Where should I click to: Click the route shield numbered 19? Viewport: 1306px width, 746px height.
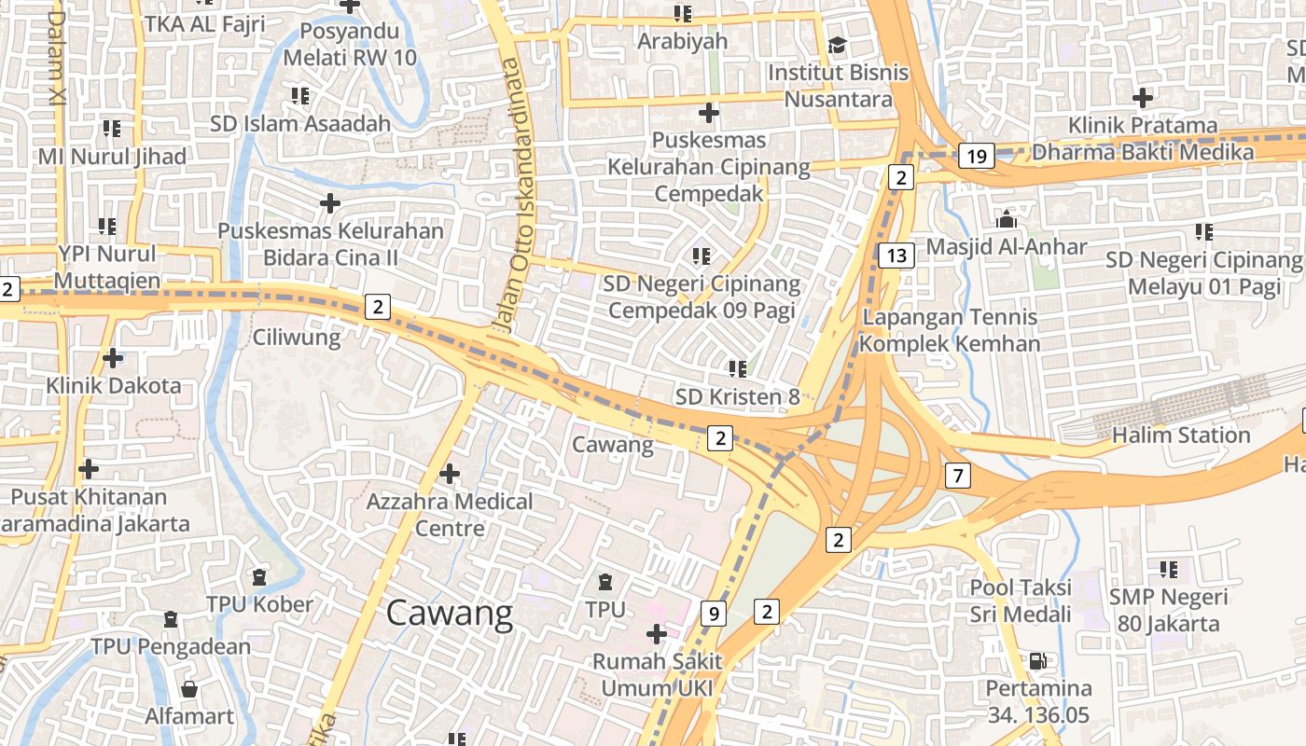point(976,156)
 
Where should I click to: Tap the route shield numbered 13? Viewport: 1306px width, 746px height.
point(896,256)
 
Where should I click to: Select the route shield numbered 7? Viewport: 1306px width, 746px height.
point(957,476)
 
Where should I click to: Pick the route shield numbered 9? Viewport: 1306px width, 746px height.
point(714,613)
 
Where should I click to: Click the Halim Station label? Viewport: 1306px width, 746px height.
point(1181,435)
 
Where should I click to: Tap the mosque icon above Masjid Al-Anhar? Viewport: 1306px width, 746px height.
point(1007,220)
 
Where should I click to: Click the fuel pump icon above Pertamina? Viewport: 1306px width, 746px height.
point(1037,661)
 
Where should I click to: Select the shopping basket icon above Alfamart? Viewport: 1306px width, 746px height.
point(189,689)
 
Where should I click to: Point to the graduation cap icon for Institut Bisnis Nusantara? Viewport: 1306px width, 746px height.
point(837,46)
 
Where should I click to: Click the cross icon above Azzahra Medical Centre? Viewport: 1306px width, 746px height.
point(450,474)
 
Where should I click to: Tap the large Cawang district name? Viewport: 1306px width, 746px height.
point(450,614)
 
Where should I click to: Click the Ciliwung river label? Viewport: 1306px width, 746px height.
point(297,337)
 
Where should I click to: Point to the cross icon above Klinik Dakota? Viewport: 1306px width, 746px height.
point(113,358)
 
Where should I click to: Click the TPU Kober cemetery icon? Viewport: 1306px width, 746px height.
point(259,578)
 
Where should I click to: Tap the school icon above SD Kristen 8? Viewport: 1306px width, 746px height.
point(738,369)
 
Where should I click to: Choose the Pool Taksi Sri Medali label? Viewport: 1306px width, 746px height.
point(1021,601)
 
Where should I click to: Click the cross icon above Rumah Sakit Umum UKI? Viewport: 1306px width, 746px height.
point(657,634)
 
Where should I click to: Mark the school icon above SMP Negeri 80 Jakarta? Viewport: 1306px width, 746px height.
point(1168,569)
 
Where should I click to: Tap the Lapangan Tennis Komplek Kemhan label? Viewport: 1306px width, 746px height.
point(950,330)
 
